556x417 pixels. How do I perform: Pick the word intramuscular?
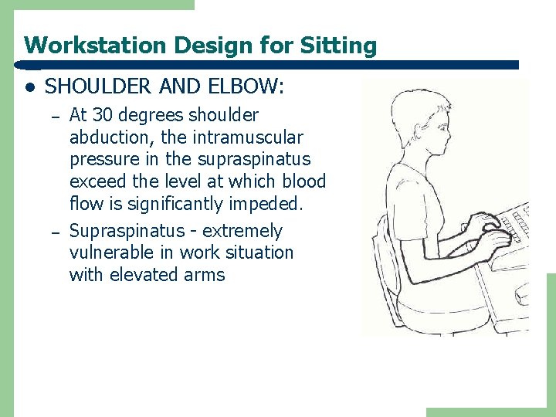click(x=253, y=137)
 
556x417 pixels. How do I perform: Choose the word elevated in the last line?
click(x=144, y=275)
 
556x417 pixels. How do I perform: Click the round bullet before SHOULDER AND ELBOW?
click(x=29, y=87)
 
